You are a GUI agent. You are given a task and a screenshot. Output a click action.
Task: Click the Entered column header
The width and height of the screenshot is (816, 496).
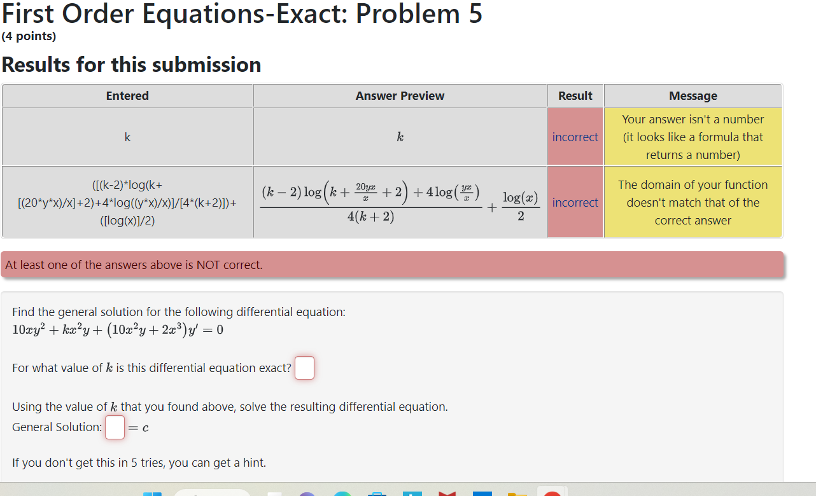pyautogui.click(x=127, y=96)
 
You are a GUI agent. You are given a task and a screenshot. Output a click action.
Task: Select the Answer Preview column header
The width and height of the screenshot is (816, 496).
pyautogui.click(x=400, y=96)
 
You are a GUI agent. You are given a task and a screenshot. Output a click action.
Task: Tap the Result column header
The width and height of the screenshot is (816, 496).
pyautogui.click(x=575, y=96)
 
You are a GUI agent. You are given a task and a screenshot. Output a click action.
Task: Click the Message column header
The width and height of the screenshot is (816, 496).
pyautogui.click(x=693, y=96)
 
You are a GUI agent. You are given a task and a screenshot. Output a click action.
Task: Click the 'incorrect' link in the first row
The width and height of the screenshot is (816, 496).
pyautogui.click(x=575, y=137)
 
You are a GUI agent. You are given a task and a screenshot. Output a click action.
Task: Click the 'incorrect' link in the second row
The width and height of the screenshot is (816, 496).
pyautogui.click(x=575, y=202)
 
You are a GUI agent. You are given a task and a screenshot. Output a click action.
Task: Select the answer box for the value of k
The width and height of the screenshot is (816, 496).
pyautogui.click(x=304, y=368)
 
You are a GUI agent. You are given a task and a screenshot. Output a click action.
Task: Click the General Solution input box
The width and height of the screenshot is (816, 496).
pyautogui.click(x=115, y=427)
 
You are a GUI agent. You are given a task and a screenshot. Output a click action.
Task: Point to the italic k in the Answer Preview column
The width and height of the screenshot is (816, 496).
pyautogui.click(x=400, y=137)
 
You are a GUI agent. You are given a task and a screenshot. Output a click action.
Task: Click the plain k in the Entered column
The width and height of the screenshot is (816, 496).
pyautogui.click(x=127, y=137)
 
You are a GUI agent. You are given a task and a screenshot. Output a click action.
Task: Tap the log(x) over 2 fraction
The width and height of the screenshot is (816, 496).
pyautogui.click(x=521, y=206)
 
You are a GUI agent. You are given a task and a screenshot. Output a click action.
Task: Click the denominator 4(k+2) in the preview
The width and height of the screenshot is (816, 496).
pyautogui.click(x=370, y=216)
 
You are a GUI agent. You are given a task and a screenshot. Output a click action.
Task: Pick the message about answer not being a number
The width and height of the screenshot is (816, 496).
pyautogui.click(x=693, y=137)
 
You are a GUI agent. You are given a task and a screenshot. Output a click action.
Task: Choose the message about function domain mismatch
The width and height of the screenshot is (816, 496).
pyautogui.click(x=693, y=202)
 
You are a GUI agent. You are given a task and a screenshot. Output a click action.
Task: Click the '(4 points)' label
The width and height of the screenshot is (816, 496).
pyautogui.click(x=29, y=36)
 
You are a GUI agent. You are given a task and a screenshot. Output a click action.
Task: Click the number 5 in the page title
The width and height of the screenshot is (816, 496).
pyautogui.click(x=475, y=14)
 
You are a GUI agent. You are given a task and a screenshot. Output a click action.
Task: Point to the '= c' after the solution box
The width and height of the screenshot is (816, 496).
pyautogui.click(x=138, y=427)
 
